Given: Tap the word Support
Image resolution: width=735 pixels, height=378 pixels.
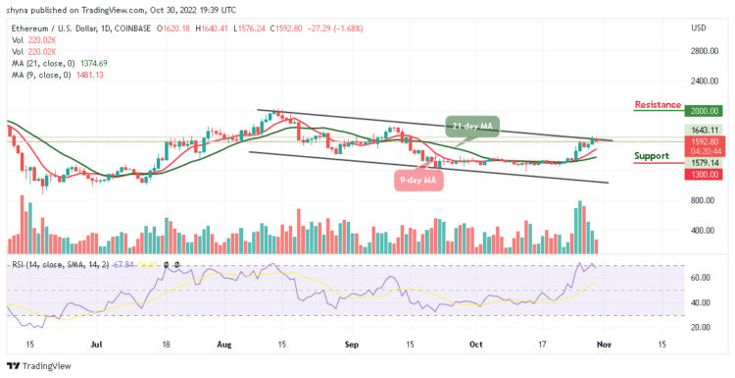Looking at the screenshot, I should tap(652, 155).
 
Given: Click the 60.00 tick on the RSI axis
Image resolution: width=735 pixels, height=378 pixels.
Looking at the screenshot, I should tap(697, 278).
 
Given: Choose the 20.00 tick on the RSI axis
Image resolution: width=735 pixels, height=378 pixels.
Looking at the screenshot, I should tap(697, 329).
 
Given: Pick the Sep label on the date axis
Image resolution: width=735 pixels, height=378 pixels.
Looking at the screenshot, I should tap(352, 345).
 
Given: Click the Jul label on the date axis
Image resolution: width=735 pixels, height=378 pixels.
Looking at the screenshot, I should tap(98, 345).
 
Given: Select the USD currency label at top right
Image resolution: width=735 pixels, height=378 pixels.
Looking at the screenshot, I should tap(698, 27).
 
